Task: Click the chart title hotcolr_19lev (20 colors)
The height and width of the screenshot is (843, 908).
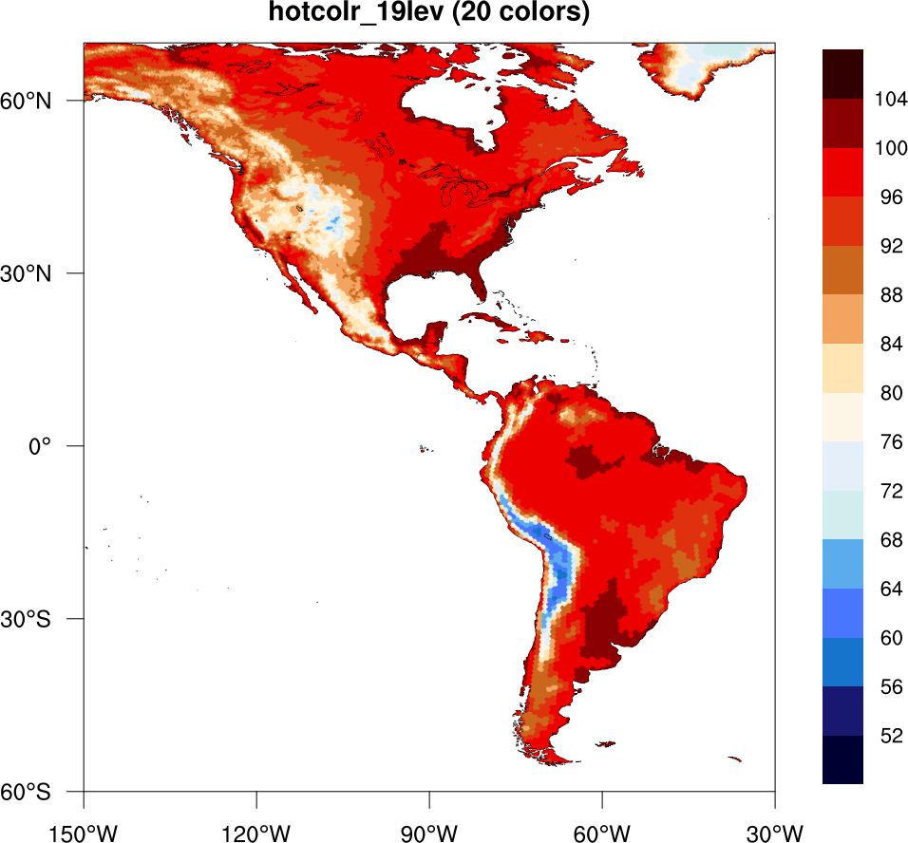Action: coord(429,13)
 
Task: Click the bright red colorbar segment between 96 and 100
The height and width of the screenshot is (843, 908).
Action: coord(842,173)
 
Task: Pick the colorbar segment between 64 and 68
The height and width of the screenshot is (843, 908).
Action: coord(842,564)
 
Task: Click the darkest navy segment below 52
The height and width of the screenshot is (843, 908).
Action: coord(842,759)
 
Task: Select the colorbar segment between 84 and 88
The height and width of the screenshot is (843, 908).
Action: coord(842,319)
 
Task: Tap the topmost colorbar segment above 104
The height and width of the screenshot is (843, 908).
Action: coord(842,74)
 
